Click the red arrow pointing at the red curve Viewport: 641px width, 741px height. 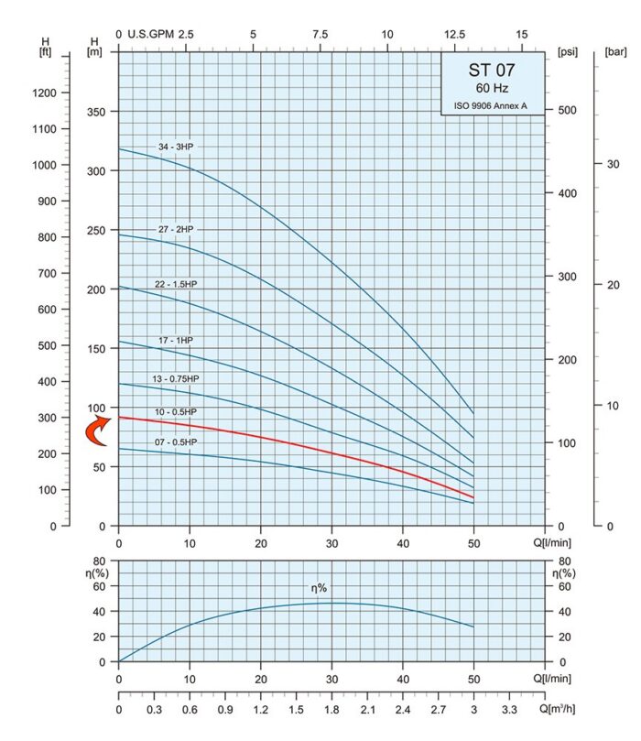click(x=95, y=430)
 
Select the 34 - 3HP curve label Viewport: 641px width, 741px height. click(x=177, y=147)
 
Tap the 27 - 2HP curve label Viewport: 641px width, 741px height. click(x=176, y=228)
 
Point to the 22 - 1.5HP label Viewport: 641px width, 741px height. click(x=177, y=284)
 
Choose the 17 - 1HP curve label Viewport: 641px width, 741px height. click(x=176, y=340)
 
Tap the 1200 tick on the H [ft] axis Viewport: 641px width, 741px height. click(x=45, y=93)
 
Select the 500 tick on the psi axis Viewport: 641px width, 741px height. click(x=568, y=111)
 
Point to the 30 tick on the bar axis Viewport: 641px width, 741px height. click(x=612, y=163)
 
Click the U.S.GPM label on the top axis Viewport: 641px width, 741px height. click(x=147, y=34)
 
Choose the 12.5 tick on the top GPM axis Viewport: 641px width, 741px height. click(x=455, y=34)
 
